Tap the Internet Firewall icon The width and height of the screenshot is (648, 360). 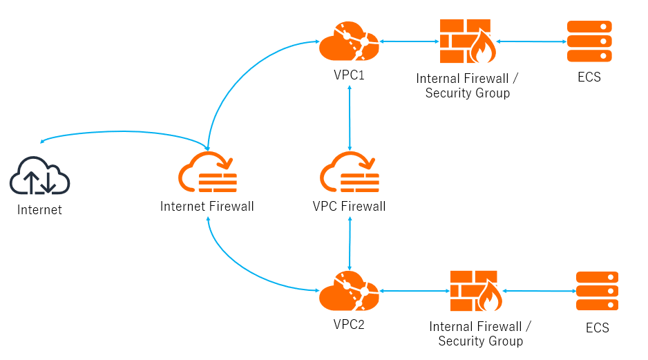207,173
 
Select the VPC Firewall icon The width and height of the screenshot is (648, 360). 350,173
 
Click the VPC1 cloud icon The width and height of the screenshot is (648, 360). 349,42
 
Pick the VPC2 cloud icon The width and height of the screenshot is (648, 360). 349,292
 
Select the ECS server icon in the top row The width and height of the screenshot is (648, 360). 589,41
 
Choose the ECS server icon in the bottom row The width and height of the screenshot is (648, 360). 598,291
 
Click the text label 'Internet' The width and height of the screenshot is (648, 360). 39,210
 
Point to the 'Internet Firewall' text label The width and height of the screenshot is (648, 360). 207,206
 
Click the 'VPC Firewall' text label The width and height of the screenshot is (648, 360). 350,206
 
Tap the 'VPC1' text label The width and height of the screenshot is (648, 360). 349,74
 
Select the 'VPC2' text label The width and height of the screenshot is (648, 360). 349,324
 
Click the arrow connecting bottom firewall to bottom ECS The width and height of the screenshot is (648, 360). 540,291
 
